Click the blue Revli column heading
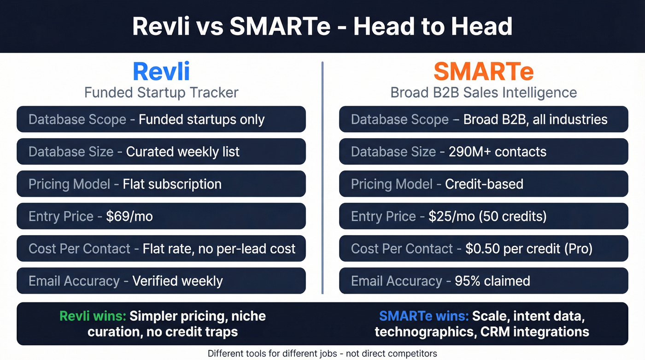(x=161, y=72)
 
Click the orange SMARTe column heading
(x=483, y=72)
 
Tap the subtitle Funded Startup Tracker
(x=161, y=92)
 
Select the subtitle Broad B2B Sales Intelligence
(x=483, y=92)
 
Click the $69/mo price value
(x=129, y=216)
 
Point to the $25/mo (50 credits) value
(x=487, y=216)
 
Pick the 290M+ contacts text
(x=498, y=152)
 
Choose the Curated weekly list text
(x=183, y=152)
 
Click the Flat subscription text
(x=172, y=184)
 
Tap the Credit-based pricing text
(x=484, y=184)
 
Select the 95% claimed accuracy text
(x=492, y=281)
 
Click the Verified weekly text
(x=177, y=281)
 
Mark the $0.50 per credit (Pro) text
(x=529, y=248)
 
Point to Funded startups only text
(x=201, y=119)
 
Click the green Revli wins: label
(x=92, y=316)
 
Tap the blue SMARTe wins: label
(x=423, y=316)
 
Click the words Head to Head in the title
(x=433, y=27)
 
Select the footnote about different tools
(x=322, y=354)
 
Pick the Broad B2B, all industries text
(x=535, y=119)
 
